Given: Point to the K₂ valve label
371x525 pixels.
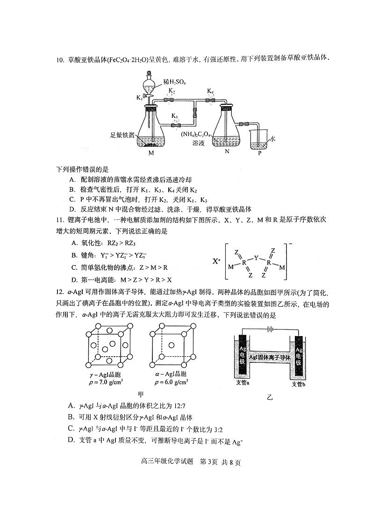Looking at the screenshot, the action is (x=172, y=91).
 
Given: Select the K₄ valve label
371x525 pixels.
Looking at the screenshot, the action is (x=210, y=91).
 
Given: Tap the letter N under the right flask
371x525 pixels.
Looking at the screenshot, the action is (x=227, y=151).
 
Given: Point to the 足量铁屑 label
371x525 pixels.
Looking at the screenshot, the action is (x=122, y=135).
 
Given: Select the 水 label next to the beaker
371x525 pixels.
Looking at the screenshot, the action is (x=272, y=139).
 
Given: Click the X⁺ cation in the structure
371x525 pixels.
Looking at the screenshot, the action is (x=216, y=261).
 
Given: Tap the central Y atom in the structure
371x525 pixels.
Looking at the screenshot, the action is (x=256, y=257).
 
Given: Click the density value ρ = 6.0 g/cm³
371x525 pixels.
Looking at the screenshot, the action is (x=171, y=381).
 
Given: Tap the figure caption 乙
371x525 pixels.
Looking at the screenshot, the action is (x=269, y=397).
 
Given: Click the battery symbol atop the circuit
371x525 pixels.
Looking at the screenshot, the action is (x=270, y=328).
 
